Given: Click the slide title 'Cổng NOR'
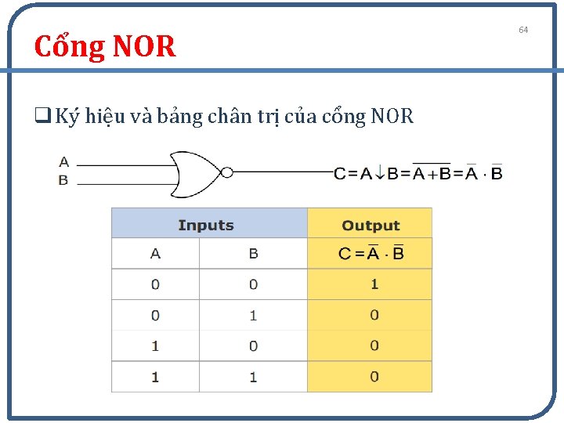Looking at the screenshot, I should pyautogui.click(x=105, y=47).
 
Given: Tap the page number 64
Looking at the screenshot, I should pyautogui.click(x=523, y=30).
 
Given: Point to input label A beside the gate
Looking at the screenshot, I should pyautogui.click(x=63, y=163).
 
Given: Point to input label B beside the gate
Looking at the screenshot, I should pyautogui.click(x=63, y=180).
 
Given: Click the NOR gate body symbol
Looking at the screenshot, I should pyautogui.click(x=196, y=172).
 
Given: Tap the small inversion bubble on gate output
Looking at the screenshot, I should pyautogui.click(x=227, y=172).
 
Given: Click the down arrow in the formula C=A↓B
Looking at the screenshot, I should pyautogui.click(x=380, y=173).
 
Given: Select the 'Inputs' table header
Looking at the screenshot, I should pyautogui.click(x=206, y=226).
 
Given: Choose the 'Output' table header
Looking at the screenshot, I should pyautogui.click(x=371, y=226).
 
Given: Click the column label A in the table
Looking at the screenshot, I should pyautogui.click(x=155, y=254).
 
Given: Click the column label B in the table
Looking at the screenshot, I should pyautogui.click(x=253, y=254).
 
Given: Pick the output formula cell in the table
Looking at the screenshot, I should pyautogui.click(x=371, y=253).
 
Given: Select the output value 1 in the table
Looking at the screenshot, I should pyautogui.click(x=374, y=284).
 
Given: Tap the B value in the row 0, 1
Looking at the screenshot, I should pyautogui.click(x=253, y=316).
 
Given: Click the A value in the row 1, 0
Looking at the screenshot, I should pyautogui.click(x=155, y=346).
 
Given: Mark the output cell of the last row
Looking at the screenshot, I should pyautogui.click(x=374, y=377).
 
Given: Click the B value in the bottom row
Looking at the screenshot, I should pyautogui.click(x=253, y=377).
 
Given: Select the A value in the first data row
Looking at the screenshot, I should pyautogui.click(x=155, y=284).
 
